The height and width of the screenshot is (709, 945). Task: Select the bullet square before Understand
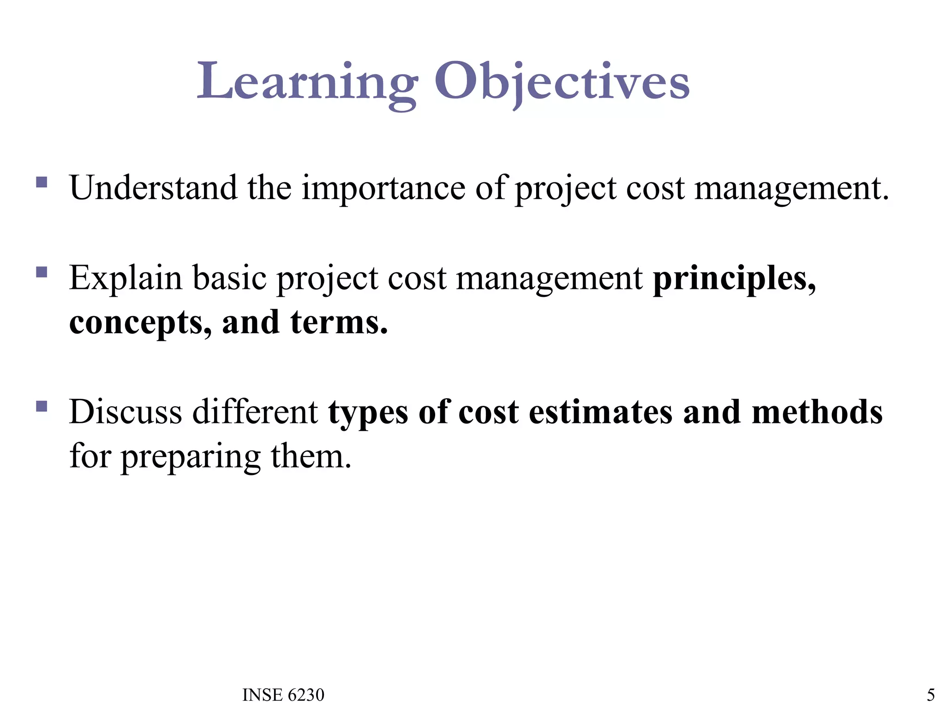42,182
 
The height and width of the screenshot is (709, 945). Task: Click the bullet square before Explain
42,272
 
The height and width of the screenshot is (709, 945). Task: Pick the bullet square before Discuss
42,406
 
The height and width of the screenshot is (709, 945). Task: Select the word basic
229,279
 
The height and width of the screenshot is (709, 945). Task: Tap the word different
255,412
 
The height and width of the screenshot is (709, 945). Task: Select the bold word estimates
600,412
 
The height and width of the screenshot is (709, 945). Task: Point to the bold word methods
817,412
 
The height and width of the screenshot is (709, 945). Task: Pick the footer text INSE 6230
283,695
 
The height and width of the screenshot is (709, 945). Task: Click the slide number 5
930,695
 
